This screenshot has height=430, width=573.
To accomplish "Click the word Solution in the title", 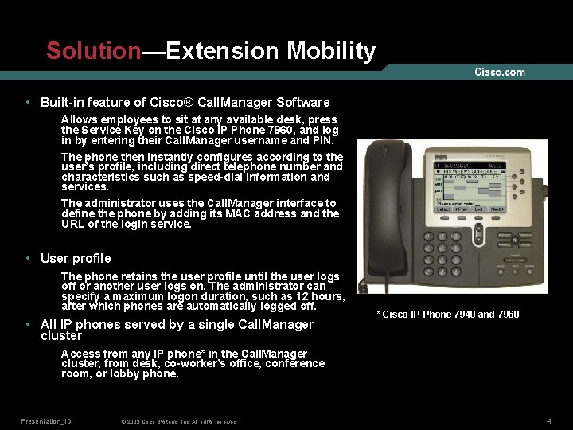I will click(93, 51).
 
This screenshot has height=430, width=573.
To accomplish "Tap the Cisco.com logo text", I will click(500, 72).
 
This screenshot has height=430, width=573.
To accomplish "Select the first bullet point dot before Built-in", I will click(29, 103).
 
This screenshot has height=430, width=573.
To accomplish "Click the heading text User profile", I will click(76, 258).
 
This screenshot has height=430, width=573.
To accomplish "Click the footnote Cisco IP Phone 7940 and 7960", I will click(447, 315).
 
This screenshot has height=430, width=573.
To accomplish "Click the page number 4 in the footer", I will click(549, 420).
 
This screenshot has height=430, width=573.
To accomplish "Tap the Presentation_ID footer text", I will click(46, 420).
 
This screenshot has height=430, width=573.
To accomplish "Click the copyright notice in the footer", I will click(178, 421).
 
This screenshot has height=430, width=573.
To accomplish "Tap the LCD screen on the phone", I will click(468, 189).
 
